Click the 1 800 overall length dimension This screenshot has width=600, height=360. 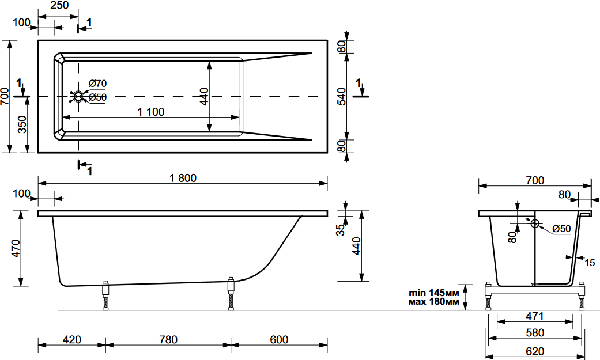coord(183,178)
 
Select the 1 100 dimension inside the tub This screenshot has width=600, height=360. coord(151,112)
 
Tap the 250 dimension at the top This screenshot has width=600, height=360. coord(60,5)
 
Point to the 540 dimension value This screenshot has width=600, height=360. coord(342,96)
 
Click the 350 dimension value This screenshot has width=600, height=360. coord(22,124)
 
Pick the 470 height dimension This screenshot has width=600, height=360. coord(16,248)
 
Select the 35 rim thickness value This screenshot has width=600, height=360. coord(340,230)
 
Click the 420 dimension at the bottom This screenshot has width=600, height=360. coord(72,339)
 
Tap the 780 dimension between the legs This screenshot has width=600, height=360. coord(168,339)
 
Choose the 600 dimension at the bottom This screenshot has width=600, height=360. coord(279,339)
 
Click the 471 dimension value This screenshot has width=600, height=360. coord(534,316)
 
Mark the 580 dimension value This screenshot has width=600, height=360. coord(535,332)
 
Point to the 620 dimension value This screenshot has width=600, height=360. coord(535,351)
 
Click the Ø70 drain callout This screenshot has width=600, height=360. coord(97,83)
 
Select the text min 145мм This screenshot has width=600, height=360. coord(434,293)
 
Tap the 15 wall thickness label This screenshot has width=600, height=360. coord(590,263)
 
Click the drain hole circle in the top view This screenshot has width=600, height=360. coord(78,96)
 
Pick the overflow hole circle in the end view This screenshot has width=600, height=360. coord(535,223)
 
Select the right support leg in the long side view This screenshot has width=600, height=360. coord(231,293)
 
